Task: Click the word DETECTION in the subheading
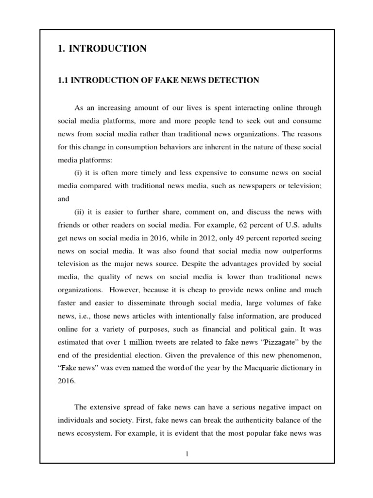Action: [235, 80]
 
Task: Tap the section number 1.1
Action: [64, 80]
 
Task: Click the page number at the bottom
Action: [187, 454]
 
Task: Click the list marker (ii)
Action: [80, 213]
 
